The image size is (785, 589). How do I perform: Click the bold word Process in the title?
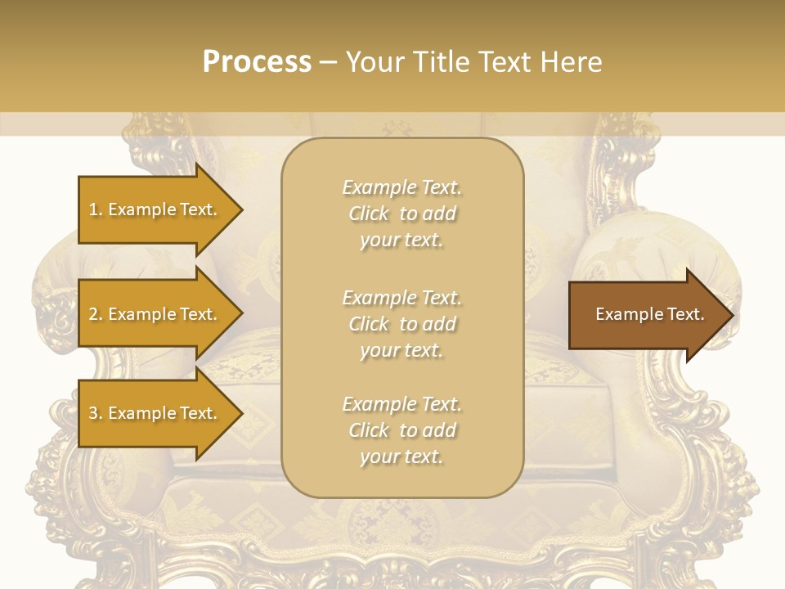click(257, 62)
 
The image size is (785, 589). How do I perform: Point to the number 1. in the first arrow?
click(95, 209)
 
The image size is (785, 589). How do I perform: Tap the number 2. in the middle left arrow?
click(95, 314)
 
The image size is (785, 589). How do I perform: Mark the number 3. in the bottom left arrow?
click(95, 413)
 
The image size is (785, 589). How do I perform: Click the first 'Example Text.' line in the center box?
click(401, 187)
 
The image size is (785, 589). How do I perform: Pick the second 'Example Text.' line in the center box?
click(401, 298)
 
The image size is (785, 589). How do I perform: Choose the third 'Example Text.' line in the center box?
click(401, 404)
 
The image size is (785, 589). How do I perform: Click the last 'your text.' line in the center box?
click(401, 456)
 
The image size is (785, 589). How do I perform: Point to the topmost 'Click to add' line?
click(401, 214)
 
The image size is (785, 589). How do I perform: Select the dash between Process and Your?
click(328, 62)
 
